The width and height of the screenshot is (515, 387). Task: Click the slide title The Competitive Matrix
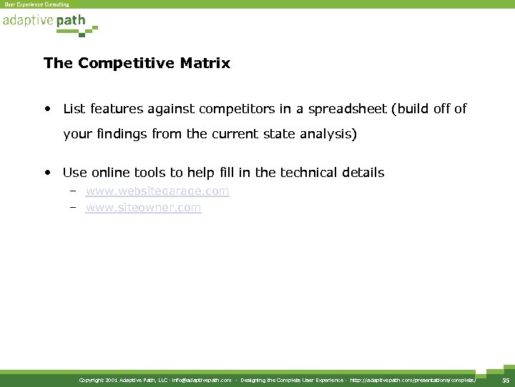pyautogui.click(x=137, y=64)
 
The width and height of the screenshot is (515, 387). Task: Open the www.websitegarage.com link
pyautogui.click(x=157, y=191)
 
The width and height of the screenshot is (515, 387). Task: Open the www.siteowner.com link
pyautogui.click(x=143, y=208)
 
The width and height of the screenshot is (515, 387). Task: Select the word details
pyautogui.click(x=363, y=173)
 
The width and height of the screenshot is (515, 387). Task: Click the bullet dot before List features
pyautogui.click(x=46, y=110)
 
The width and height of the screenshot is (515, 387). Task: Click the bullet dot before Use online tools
pyautogui.click(x=46, y=173)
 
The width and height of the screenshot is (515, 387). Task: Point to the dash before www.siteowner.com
pyautogui.click(x=73, y=208)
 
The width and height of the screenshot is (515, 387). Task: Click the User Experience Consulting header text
pyautogui.click(x=36, y=4)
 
